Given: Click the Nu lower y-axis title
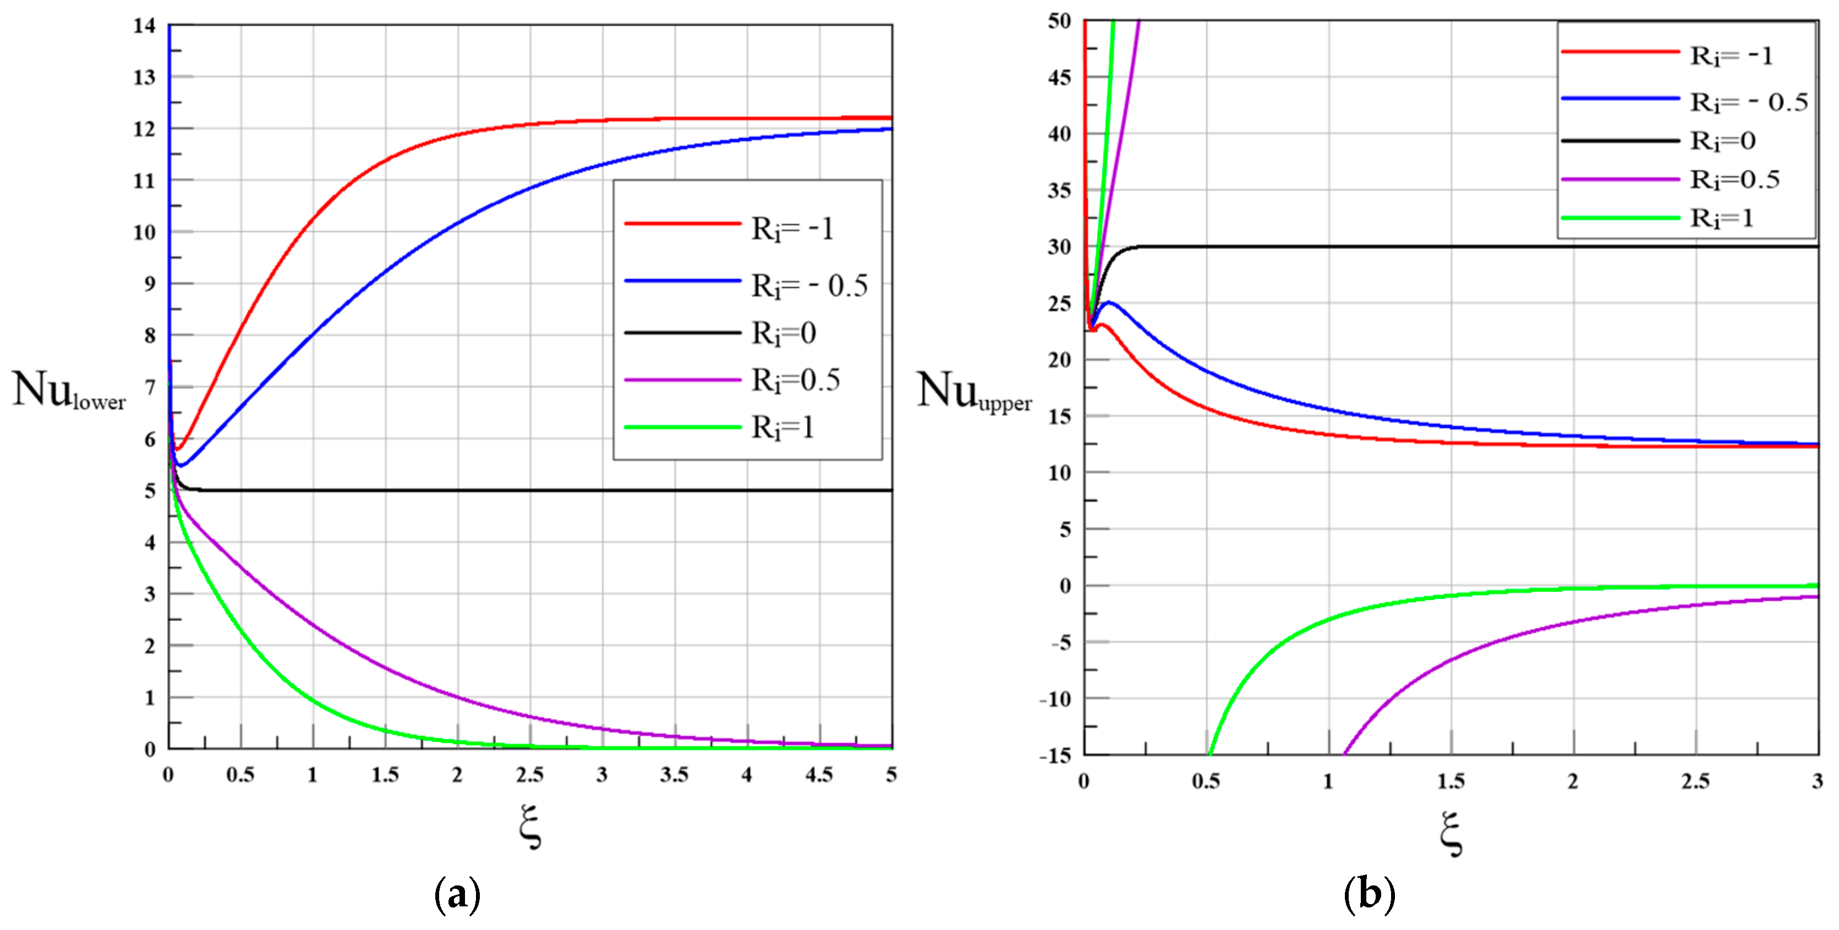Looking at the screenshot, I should coord(69,391).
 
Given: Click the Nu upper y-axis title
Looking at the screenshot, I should coord(974,392).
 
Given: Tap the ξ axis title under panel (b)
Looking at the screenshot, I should coord(1451,833).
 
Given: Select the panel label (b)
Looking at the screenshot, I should coord(1369,894).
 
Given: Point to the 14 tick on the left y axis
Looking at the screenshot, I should coord(144,26).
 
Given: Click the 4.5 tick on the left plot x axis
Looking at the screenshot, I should coord(819,775).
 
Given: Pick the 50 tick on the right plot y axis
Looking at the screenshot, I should coord(1059,21).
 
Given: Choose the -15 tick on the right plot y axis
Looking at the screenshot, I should coord(1056,756).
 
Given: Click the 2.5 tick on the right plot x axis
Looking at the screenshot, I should coord(1695,782).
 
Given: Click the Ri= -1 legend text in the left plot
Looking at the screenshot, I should coord(792,229).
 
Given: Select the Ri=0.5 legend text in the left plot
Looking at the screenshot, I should coord(795,381).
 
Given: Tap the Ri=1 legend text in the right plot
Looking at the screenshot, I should coord(1721,218).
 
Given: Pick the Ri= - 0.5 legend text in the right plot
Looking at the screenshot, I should coord(1748,102).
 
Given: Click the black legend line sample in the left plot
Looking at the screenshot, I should coord(682,333).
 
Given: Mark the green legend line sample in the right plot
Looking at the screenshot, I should coord(1620,218).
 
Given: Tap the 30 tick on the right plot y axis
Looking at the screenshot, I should coord(1059,247).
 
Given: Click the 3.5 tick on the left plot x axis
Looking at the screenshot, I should coord(674,775).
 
